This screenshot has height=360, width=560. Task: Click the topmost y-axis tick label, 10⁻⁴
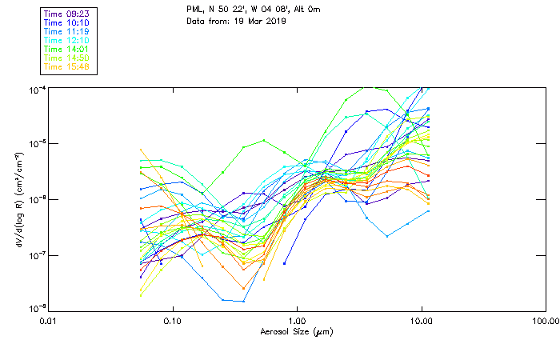37,89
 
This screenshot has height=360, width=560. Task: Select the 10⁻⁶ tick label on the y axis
37,199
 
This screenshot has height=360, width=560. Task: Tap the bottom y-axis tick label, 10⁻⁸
37,308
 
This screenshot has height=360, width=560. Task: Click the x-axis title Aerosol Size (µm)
296,331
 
